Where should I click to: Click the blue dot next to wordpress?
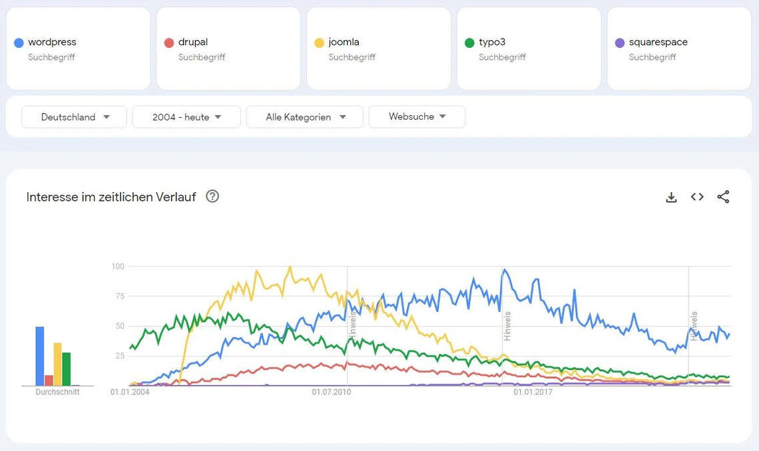point(19,43)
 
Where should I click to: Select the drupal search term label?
point(193,42)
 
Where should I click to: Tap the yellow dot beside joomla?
point(320,43)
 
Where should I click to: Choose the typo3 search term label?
point(492,42)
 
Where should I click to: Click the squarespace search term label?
point(658,42)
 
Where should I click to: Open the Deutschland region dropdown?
point(74,117)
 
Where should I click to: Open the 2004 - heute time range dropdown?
point(186,117)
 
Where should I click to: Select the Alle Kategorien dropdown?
point(304,117)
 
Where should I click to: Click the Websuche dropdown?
point(417,116)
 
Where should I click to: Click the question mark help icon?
point(212,196)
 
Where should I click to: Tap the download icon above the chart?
point(671,197)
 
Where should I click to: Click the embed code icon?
point(697,197)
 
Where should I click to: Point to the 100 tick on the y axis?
point(118,267)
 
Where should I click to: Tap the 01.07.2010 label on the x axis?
point(332,392)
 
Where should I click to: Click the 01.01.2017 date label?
point(533,392)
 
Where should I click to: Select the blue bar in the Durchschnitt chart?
point(40,356)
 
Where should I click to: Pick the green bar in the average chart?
point(67,369)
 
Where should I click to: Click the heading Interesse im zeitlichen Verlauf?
point(111,197)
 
